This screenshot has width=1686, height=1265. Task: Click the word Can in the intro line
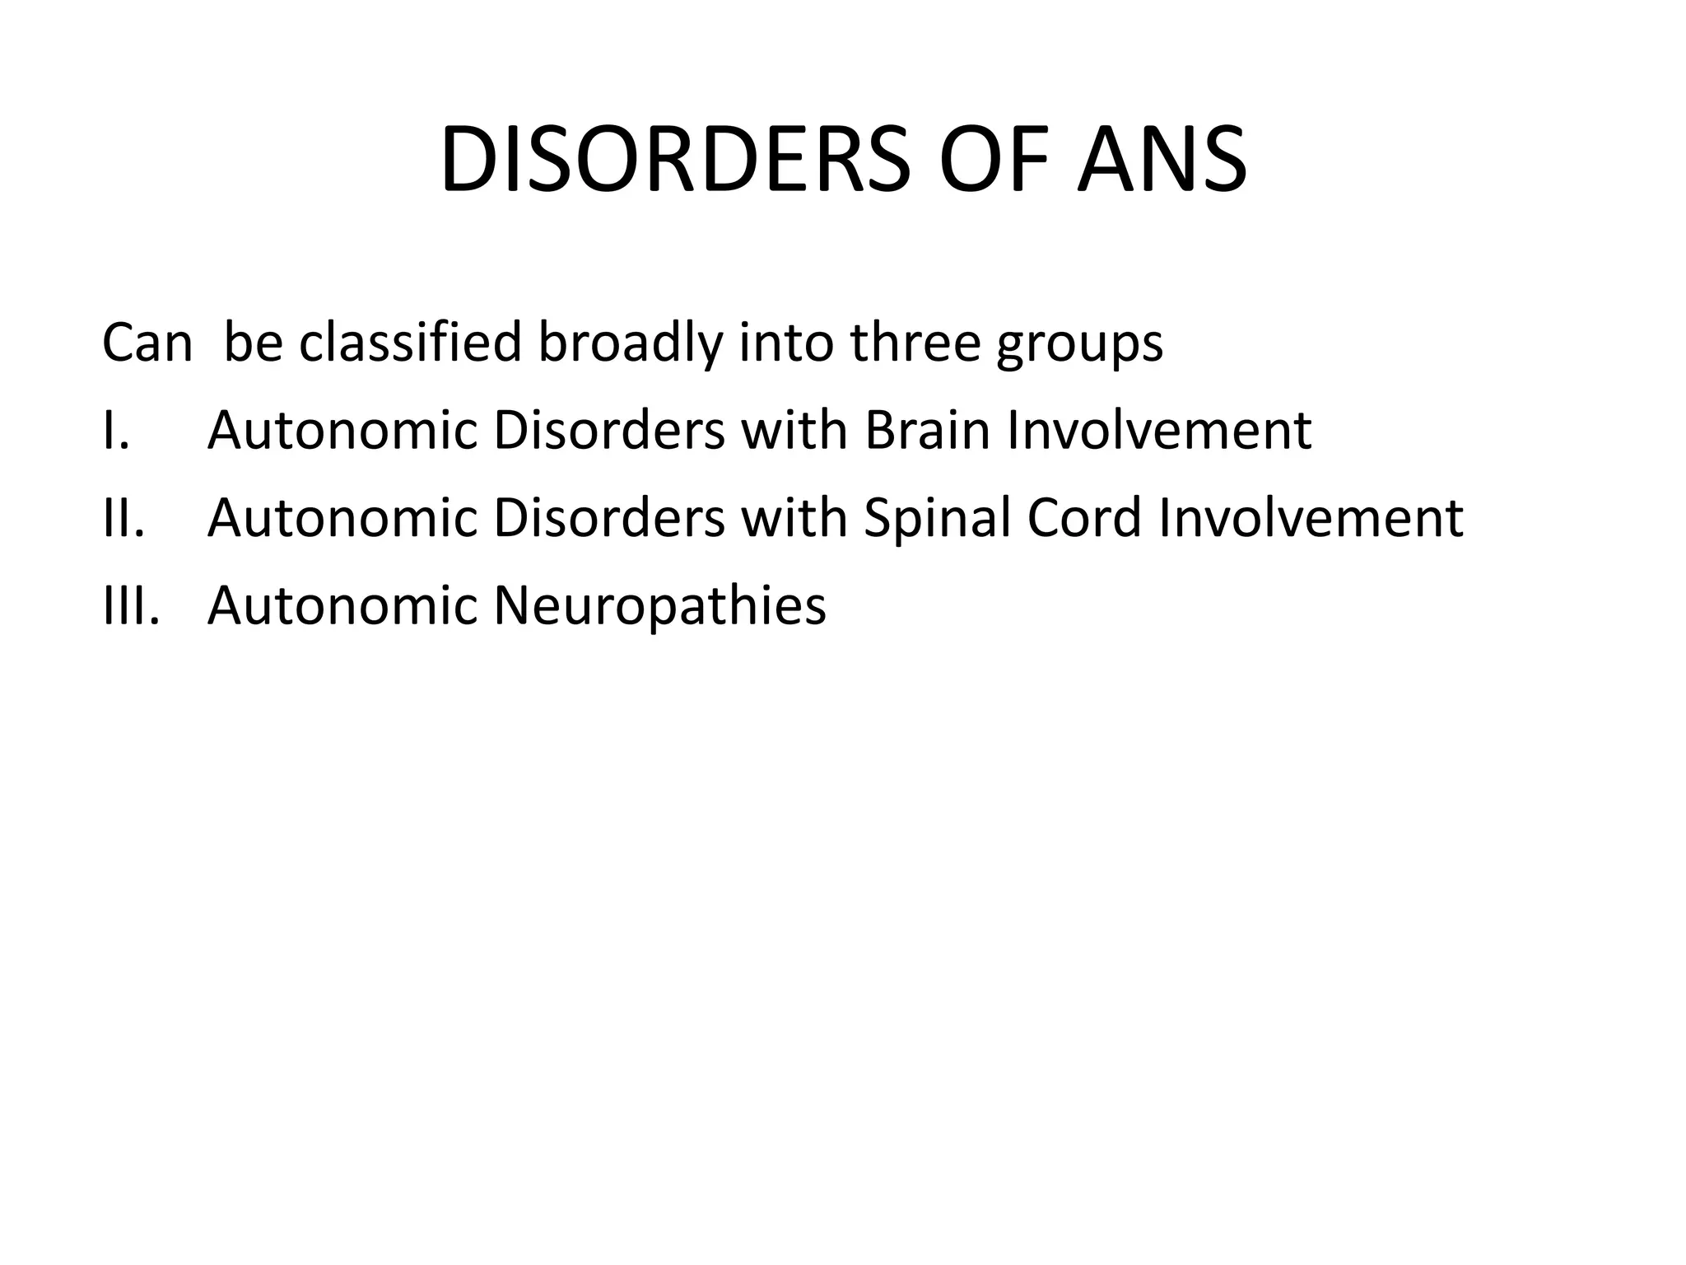pyautogui.click(x=147, y=343)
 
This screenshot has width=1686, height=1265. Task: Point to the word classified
pyautogui.click(x=410, y=343)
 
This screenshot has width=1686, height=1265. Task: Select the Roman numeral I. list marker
pyautogui.click(x=115, y=430)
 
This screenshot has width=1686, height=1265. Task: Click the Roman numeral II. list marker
pyautogui.click(x=123, y=518)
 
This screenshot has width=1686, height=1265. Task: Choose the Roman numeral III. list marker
pyautogui.click(x=130, y=605)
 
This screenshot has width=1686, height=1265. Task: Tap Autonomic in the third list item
pyautogui.click(x=342, y=605)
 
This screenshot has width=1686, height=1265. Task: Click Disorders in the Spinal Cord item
pyautogui.click(x=609, y=518)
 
